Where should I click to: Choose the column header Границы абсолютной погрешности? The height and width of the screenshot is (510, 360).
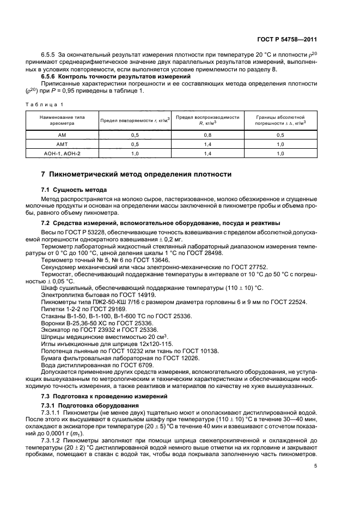pyautogui.click(x=280, y=120)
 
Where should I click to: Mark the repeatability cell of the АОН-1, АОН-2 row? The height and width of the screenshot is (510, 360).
pyautogui.click(x=135, y=154)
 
